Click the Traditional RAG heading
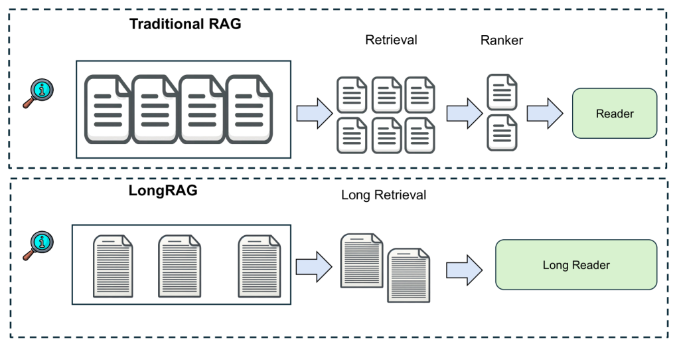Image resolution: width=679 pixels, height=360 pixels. pos(185,25)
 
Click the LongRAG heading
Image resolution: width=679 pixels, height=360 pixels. pos(163,191)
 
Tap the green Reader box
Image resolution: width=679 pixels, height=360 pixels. pos(614,114)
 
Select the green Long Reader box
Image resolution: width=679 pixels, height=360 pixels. pos(575,265)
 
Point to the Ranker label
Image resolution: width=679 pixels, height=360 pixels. pos(501,41)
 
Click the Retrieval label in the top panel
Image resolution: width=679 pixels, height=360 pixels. pos(391,40)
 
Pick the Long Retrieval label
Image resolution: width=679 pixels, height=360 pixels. pos(383,195)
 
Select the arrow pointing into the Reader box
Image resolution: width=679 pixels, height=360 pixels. pos(545,114)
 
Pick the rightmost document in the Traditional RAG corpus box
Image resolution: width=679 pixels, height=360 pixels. pos(250,108)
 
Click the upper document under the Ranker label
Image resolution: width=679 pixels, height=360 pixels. pos(502,92)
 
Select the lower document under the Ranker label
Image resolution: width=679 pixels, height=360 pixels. pos(502,133)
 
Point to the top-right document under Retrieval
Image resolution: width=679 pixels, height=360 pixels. pos(420,95)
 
